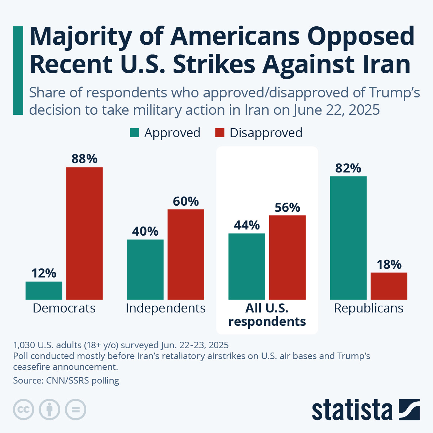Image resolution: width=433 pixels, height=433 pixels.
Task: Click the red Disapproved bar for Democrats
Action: (84, 233)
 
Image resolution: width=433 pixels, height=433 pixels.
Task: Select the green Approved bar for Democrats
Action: (44, 290)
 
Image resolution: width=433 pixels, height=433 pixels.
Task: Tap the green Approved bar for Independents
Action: (145, 269)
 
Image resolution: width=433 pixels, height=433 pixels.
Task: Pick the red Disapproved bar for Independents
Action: (186, 254)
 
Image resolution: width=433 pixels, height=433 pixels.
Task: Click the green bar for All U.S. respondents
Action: (247, 266)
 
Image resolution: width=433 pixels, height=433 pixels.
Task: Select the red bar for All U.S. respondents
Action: (288, 257)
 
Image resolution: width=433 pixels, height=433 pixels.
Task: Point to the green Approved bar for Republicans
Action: (348, 238)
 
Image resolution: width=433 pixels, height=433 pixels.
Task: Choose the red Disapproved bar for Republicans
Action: (389, 286)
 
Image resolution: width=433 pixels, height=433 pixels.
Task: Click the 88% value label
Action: (84, 159)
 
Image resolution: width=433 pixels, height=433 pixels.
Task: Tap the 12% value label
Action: (44, 273)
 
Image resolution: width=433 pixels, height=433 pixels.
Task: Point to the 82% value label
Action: (348, 168)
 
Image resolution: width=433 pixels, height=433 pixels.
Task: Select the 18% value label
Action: (389, 264)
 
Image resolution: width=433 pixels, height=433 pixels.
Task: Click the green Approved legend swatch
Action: (135, 133)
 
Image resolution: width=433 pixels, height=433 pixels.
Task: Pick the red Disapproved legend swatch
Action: (220, 133)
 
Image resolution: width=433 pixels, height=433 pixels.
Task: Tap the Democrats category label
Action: (64, 308)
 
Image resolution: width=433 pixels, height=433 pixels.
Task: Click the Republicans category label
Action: (369, 308)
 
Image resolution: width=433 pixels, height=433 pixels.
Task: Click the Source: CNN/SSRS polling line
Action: (66, 380)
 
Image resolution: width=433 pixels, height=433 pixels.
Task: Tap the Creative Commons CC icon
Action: (23, 410)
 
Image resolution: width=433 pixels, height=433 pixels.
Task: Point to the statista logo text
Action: (352, 410)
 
